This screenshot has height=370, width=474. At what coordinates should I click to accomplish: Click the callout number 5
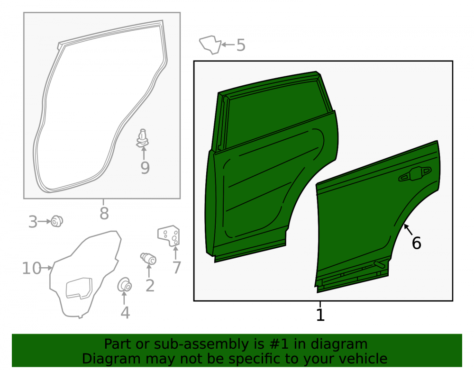tap(241, 45)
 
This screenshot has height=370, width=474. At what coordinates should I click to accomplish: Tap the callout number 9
tap(145, 168)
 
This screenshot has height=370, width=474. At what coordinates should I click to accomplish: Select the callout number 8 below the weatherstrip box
tap(104, 214)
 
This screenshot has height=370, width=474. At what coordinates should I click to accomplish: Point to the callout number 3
tap(33, 222)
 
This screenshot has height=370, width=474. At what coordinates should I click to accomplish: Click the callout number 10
tap(32, 268)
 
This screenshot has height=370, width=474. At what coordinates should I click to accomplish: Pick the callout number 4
tap(125, 313)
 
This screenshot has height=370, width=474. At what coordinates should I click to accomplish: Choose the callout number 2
tap(150, 285)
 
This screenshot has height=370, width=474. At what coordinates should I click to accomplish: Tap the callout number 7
tap(176, 267)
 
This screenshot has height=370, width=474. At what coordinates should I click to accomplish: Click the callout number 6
tap(416, 243)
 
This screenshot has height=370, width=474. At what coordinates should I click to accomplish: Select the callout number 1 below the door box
tap(320, 315)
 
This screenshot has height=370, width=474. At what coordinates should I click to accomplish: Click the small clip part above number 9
tap(142, 138)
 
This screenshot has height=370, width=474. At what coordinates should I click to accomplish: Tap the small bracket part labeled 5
tap(210, 45)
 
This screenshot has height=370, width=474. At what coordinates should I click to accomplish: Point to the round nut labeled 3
tap(57, 221)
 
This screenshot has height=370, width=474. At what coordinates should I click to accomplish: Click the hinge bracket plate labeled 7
tap(169, 235)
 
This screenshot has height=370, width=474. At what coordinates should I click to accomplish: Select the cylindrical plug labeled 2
tap(148, 258)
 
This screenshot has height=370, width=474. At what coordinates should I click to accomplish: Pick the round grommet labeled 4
tap(124, 285)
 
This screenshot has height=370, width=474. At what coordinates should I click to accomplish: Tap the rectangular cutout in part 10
tap(79, 288)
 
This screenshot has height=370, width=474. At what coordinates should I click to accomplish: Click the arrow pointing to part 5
tap(228, 45)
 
